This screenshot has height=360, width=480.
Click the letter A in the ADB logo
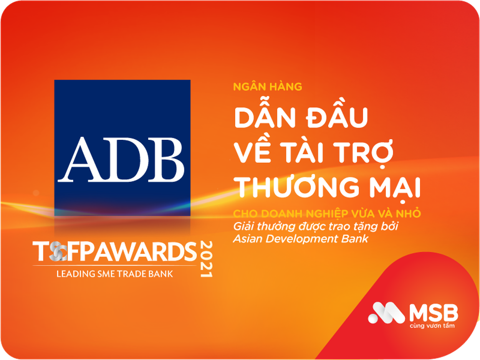(86, 158)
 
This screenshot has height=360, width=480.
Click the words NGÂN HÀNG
(267, 87)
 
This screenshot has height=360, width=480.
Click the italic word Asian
(247, 238)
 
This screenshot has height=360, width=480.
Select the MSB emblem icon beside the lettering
(386, 313)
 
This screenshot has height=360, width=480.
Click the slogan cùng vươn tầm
(432, 326)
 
